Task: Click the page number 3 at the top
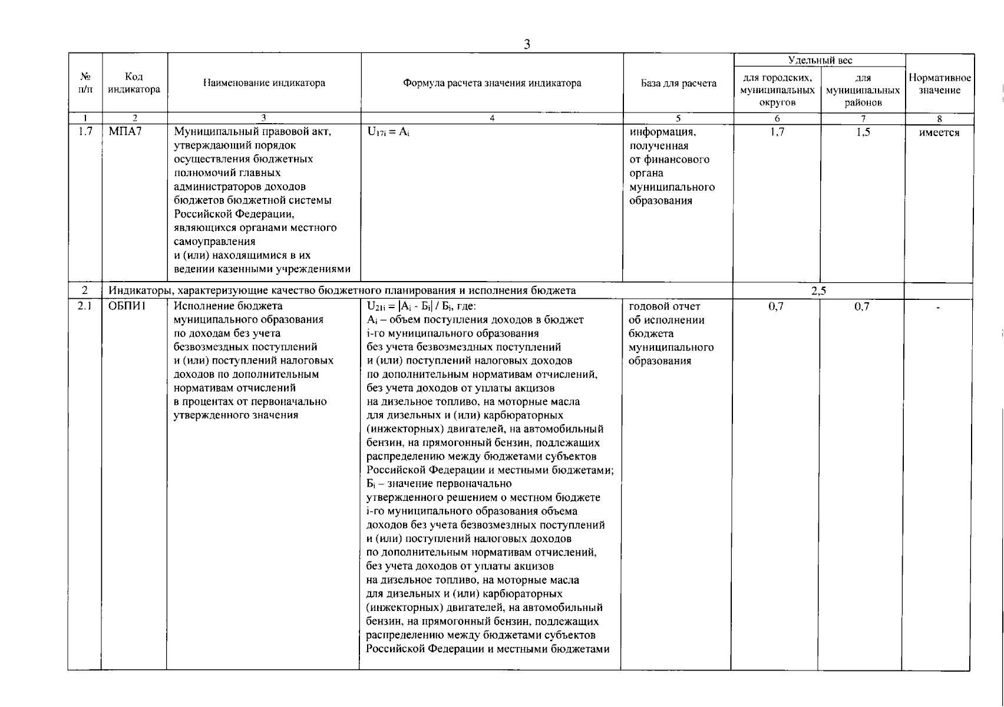tap(527, 45)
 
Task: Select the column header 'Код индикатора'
tap(134, 84)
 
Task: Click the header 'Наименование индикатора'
tap(264, 83)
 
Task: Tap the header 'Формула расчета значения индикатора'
tap(492, 83)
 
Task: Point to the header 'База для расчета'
tap(679, 83)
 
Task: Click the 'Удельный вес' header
tap(820, 60)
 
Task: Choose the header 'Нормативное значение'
tap(939, 84)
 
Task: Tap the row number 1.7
tap(85, 132)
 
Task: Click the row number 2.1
tap(85, 306)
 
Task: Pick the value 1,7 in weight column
tap(777, 132)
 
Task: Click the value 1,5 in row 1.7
tap(863, 132)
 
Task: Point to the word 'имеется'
tap(939, 133)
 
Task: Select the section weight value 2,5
tap(818, 290)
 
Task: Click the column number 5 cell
tap(678, 118)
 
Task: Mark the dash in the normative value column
tap(938, 307)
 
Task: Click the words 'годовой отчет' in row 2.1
tap(665, 306)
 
